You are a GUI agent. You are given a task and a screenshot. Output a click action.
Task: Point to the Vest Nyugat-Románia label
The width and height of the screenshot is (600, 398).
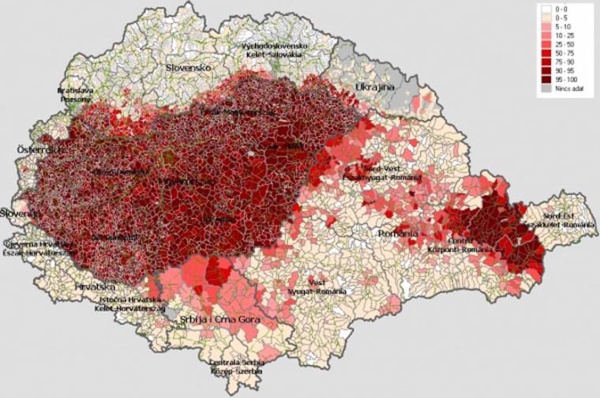pyautogui.click(x=311, y=285)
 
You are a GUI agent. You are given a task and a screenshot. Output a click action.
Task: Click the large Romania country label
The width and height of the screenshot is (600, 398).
pyautogui.click(x=397, y=235)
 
